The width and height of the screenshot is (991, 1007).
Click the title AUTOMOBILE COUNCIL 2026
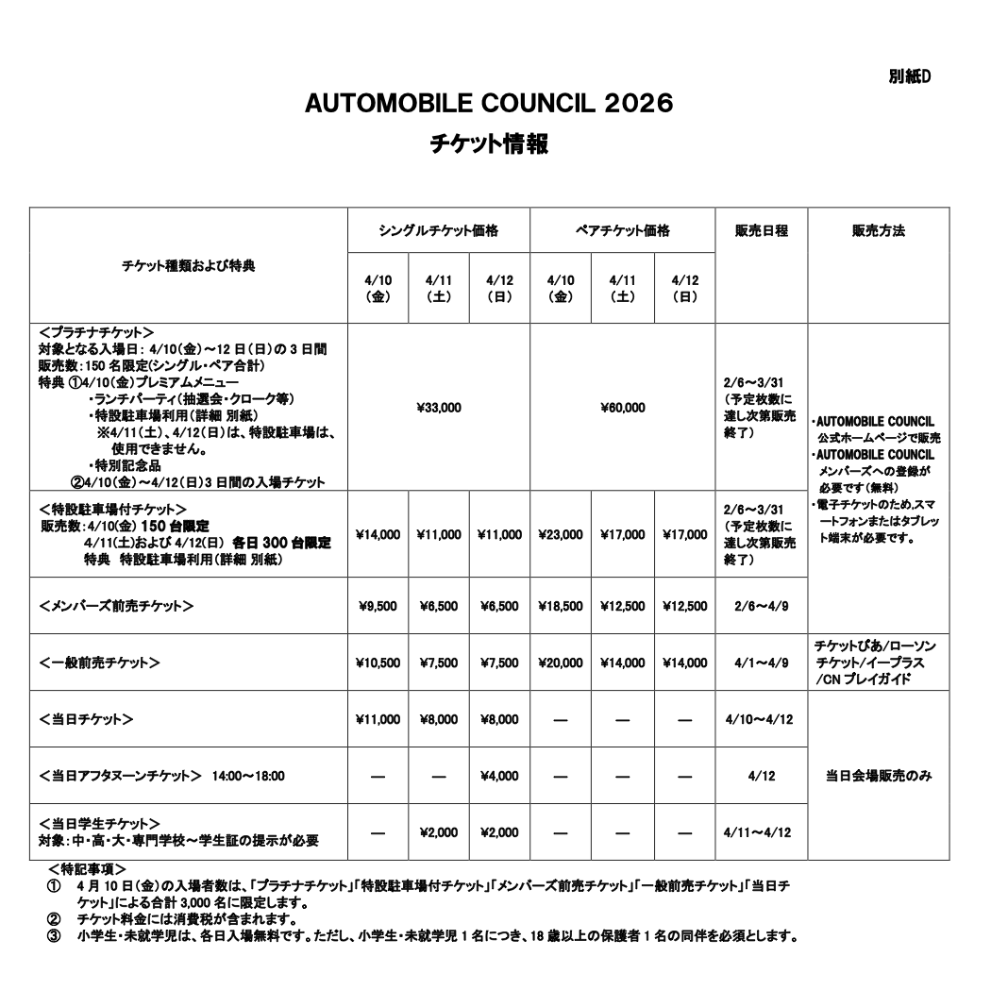click(489, 104)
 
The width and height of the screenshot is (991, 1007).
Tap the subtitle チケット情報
click(489, 144)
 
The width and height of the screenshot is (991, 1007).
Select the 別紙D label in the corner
click(910, 76)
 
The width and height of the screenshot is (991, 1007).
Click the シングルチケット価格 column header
click(439, 230)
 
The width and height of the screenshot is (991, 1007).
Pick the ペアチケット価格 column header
click(622, 230)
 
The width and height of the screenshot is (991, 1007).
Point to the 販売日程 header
click(761, 230)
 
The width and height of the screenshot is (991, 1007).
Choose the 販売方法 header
click(878, 230)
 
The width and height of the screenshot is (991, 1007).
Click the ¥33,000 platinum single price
click(439, 408)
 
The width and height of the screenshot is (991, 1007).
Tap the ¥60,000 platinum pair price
click(622, 408)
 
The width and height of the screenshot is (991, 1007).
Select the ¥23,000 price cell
click(561, 534)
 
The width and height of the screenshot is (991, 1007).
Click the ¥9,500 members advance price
click(378, 606)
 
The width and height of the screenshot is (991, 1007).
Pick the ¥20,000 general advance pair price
click(561, 663)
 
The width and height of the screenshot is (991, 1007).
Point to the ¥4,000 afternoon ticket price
click(499, 776)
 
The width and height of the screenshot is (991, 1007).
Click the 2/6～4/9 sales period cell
click(761, 606)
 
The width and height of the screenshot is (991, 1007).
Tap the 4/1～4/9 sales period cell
click(761, 663)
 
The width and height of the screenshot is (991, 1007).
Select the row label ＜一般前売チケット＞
click(100, 663)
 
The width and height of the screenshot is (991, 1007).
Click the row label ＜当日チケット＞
click(87, 719)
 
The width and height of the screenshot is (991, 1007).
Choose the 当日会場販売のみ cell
click(878, 776)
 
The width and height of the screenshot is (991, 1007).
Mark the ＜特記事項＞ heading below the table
click(87, 867)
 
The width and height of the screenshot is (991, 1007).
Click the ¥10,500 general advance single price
click(378, 663)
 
